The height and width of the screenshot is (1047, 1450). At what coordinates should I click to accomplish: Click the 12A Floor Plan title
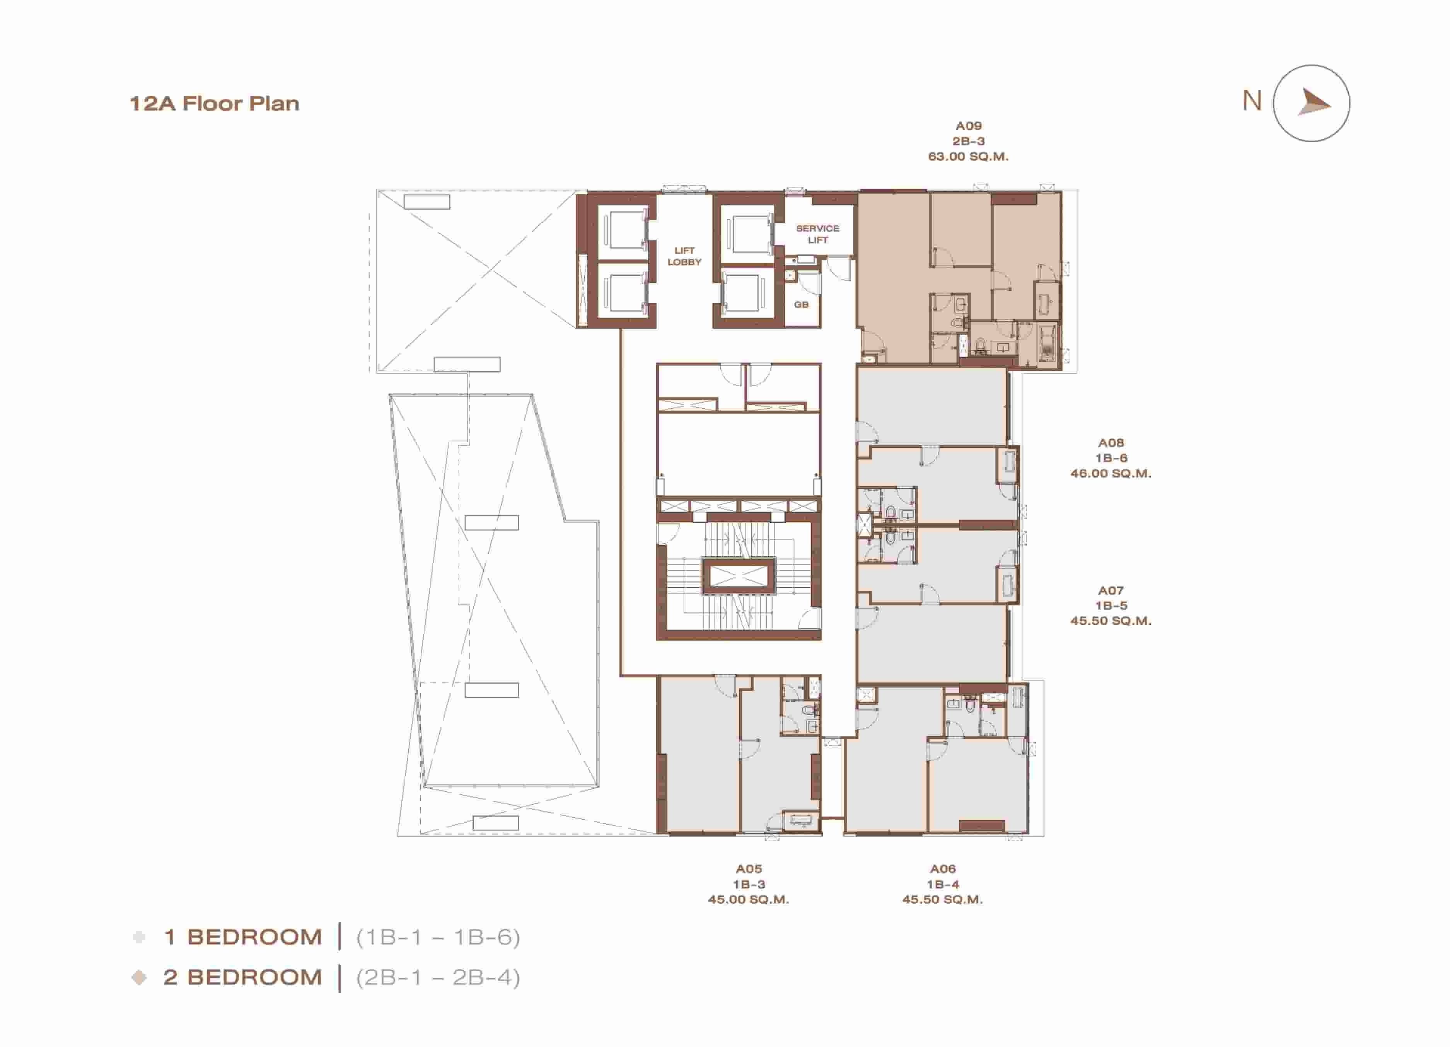coord(214,104)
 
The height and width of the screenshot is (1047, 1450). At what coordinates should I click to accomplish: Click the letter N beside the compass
coord(1252,101)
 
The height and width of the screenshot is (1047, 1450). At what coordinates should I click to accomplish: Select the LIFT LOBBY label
coord(684,256)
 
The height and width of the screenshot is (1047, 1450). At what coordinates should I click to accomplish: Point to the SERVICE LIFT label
coord(818,234)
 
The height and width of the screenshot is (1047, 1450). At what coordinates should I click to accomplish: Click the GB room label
coord(801,305)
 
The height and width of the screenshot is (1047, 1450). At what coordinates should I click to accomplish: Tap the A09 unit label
coord(969,126)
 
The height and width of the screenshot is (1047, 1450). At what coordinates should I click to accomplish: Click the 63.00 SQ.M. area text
coord(969,157)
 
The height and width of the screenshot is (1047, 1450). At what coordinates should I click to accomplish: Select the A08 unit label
coord(1111,443)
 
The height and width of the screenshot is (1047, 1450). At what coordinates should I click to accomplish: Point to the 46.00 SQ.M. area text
coord(1111,474)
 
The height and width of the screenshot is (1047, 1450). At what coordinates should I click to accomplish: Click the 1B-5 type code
coord(1111,605)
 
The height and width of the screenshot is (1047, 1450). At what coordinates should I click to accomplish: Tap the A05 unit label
coord(749,869)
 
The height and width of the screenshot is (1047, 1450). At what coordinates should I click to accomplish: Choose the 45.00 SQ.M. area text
coord(749,899)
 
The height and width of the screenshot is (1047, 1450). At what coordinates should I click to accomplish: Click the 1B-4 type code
coord(943,884)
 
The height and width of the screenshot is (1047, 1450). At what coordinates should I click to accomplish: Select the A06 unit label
coord(943,869)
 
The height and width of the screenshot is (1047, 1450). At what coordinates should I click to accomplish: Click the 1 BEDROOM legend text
coord(243,937)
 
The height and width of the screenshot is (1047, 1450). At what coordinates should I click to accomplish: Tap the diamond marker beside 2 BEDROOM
coord(139,977)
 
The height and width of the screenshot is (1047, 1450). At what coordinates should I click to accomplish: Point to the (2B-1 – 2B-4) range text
coord(438,977)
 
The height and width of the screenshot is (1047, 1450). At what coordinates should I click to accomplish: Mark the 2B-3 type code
coord(969,141)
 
